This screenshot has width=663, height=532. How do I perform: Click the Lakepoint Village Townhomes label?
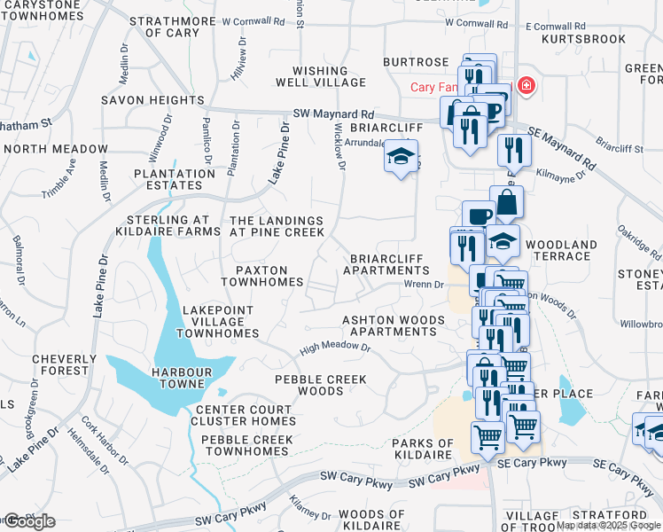[x=217, y=322]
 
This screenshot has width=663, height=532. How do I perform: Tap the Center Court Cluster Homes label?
[x=245, y=415]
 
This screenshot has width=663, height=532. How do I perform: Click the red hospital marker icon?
[x=526, y=86]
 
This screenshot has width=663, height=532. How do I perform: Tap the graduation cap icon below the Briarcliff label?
[x=401, y=158]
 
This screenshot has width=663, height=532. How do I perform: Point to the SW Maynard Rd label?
[x=333, y=114]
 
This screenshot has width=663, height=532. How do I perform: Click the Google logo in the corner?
[x=28, y=521]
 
